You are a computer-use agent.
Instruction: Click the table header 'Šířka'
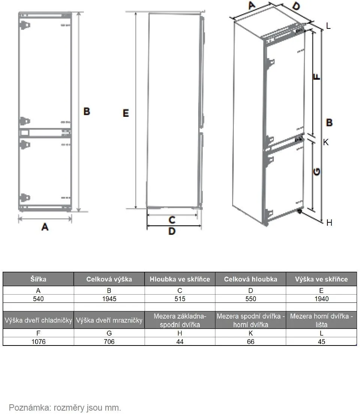[38, 279]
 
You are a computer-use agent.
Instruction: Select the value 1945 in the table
[109, 299]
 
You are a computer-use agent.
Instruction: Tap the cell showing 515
[180, 299]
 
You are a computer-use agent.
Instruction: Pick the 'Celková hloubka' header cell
[251, 279]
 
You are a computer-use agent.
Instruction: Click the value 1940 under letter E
[321, 299]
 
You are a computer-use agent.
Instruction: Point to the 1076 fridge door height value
[38, 341]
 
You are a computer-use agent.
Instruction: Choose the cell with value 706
[109, 341]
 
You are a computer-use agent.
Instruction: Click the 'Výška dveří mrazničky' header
[109, 320]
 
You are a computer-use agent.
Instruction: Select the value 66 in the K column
[251, 341]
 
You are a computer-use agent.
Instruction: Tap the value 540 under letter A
[38, 299]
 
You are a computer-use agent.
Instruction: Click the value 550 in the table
[251, 299]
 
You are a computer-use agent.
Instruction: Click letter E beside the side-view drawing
[126, 113]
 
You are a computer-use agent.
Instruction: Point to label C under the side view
[172, 220]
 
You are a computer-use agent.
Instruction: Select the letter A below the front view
[45, 226]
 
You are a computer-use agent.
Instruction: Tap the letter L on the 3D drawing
[328, 26]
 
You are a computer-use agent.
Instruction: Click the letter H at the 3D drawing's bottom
[329, 223]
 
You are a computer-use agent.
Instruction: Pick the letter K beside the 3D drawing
[326, 142]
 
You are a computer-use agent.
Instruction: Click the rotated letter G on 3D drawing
[317, 172]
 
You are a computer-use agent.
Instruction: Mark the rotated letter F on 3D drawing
[317, 77]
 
